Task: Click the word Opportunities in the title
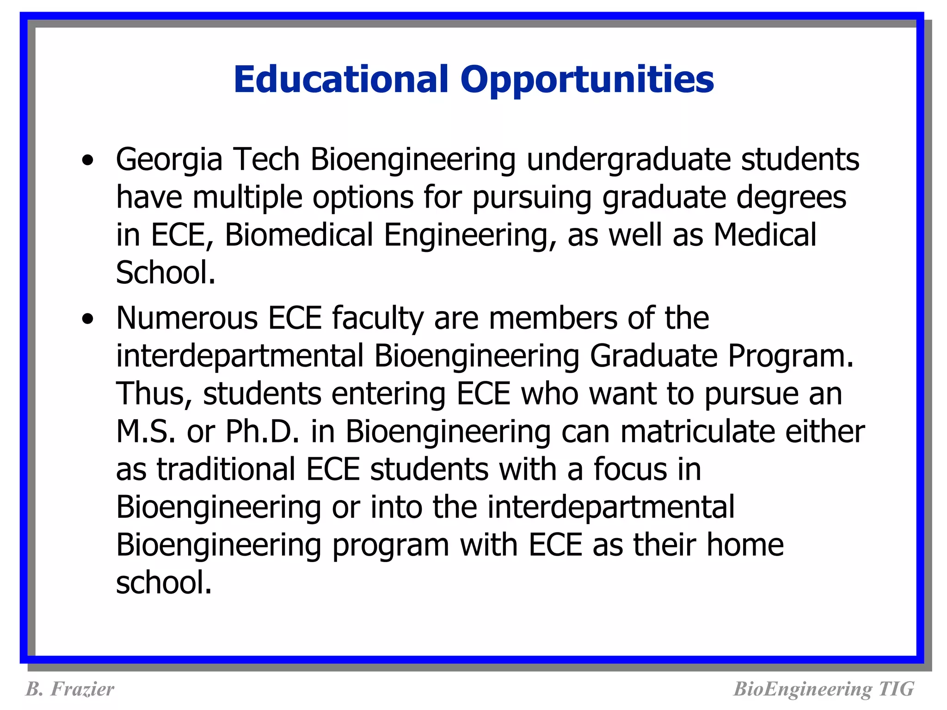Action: point(587,80)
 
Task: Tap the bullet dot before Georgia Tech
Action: point(87,160)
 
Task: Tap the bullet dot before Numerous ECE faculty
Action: point(87,319)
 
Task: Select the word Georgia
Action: point(169,159)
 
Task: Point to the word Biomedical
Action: point(299,235)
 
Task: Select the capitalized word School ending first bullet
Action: point(165,273)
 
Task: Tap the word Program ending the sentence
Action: point(790,356)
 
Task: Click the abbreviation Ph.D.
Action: point(262,432)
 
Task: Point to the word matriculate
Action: point(697,432)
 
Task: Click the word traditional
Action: point(226,469)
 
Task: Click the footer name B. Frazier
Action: point(69,689)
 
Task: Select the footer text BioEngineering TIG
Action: point(824,689)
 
